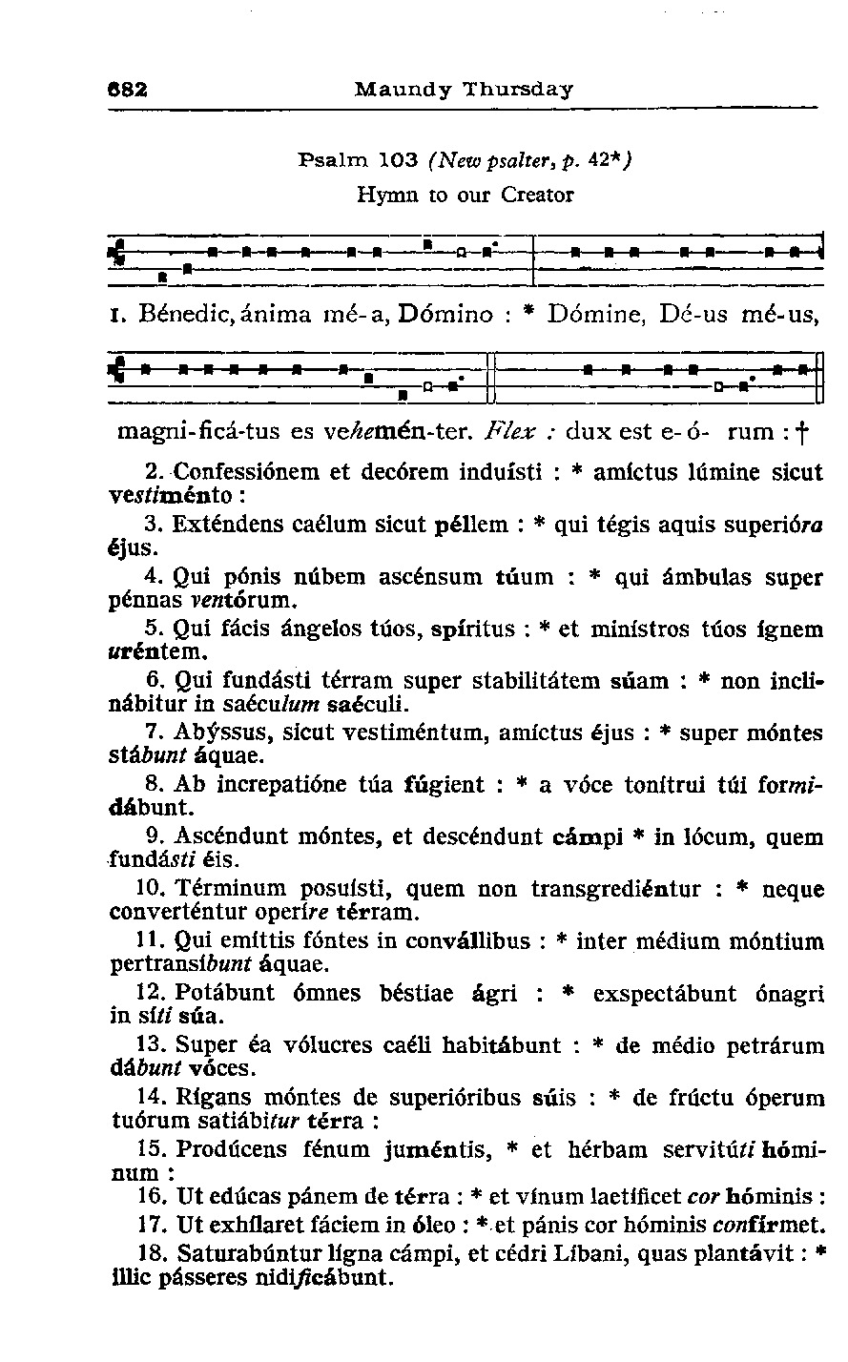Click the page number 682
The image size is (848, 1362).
(x=127, y=90)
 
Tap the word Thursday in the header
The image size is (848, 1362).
(x=518, y=90)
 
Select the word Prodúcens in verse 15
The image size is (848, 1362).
(x=229, y=1149)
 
